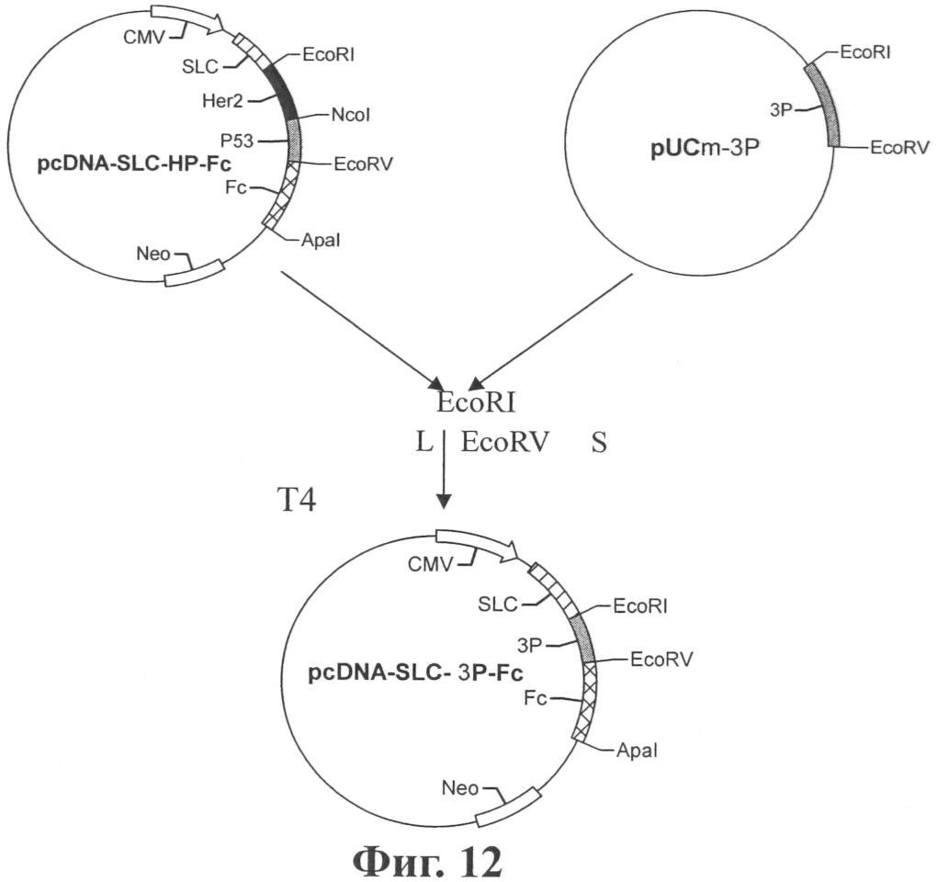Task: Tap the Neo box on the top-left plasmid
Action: pyautogui.click(x=195, y=271)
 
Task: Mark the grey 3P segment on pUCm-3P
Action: pyautogui.click(x=822, y=105)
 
